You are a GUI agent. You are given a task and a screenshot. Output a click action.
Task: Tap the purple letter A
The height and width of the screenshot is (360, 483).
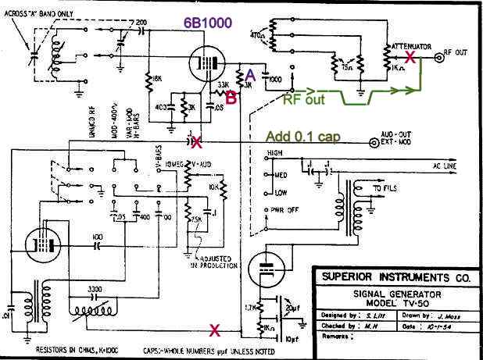(250, 73)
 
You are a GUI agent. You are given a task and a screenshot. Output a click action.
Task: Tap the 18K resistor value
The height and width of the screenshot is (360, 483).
(156, 79)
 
